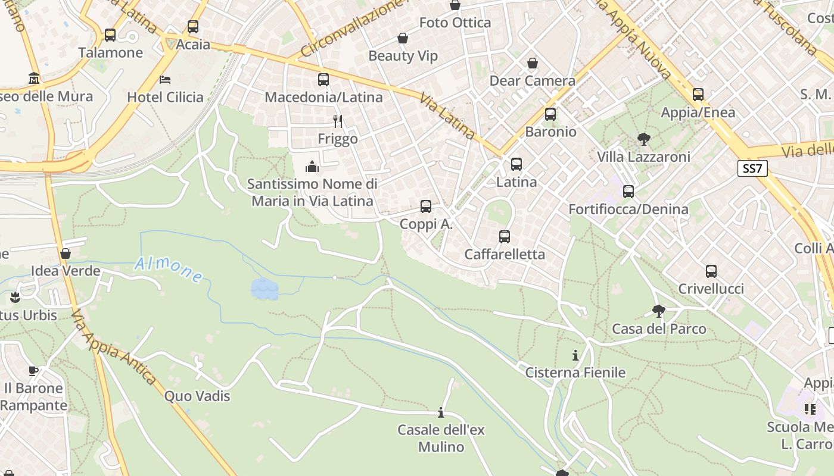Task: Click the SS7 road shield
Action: [752, 168]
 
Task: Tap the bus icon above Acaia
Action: [192, 27]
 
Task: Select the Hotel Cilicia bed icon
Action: [165, 80]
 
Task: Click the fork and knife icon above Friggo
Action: [338, 121]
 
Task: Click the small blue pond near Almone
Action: [264, 289]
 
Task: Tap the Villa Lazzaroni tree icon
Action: [643, 140]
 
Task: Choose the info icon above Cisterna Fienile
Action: [575, 356]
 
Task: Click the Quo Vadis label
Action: [197, 396]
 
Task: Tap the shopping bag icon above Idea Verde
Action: [66, 253]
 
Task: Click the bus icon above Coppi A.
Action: [426, 206]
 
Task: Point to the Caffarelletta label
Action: [505, 254]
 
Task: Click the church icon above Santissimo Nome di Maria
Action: [312, 167]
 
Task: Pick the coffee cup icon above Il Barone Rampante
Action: [33, 371]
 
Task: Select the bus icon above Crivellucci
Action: [711, 271]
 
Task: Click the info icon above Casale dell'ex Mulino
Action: [441, 412]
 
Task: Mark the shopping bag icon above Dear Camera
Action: [532, 63]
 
